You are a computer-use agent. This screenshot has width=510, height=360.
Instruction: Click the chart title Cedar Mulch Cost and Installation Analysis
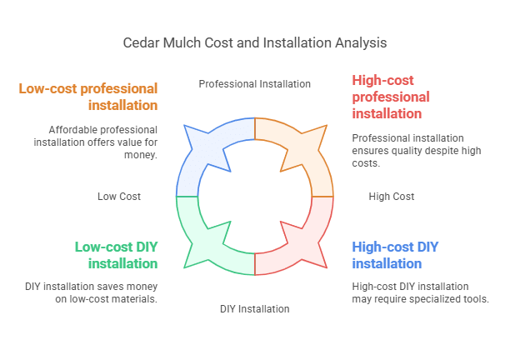click(x=254, y=42)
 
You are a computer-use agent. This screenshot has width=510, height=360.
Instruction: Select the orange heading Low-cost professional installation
click(x=88, y=97)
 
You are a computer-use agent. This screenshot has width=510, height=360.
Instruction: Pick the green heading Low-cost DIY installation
click(x=116, y=255)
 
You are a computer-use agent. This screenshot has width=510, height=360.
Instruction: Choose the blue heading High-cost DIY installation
click(x=395, y=255)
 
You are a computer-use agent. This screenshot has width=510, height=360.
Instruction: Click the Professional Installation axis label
click(x=254, y=83)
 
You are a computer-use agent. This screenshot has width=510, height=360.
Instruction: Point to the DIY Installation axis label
click(x=254, y=309)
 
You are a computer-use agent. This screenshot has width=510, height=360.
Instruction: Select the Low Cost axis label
click(x=119, y=197)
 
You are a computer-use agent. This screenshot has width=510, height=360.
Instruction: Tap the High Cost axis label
click(x=391, y=197)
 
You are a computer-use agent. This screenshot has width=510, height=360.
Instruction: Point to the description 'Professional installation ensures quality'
click(x=407, y=150)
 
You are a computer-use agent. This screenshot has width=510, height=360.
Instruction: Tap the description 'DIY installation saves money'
click(x=91, y=292)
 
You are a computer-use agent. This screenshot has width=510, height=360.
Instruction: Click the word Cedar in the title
click(x=138, y=42)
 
